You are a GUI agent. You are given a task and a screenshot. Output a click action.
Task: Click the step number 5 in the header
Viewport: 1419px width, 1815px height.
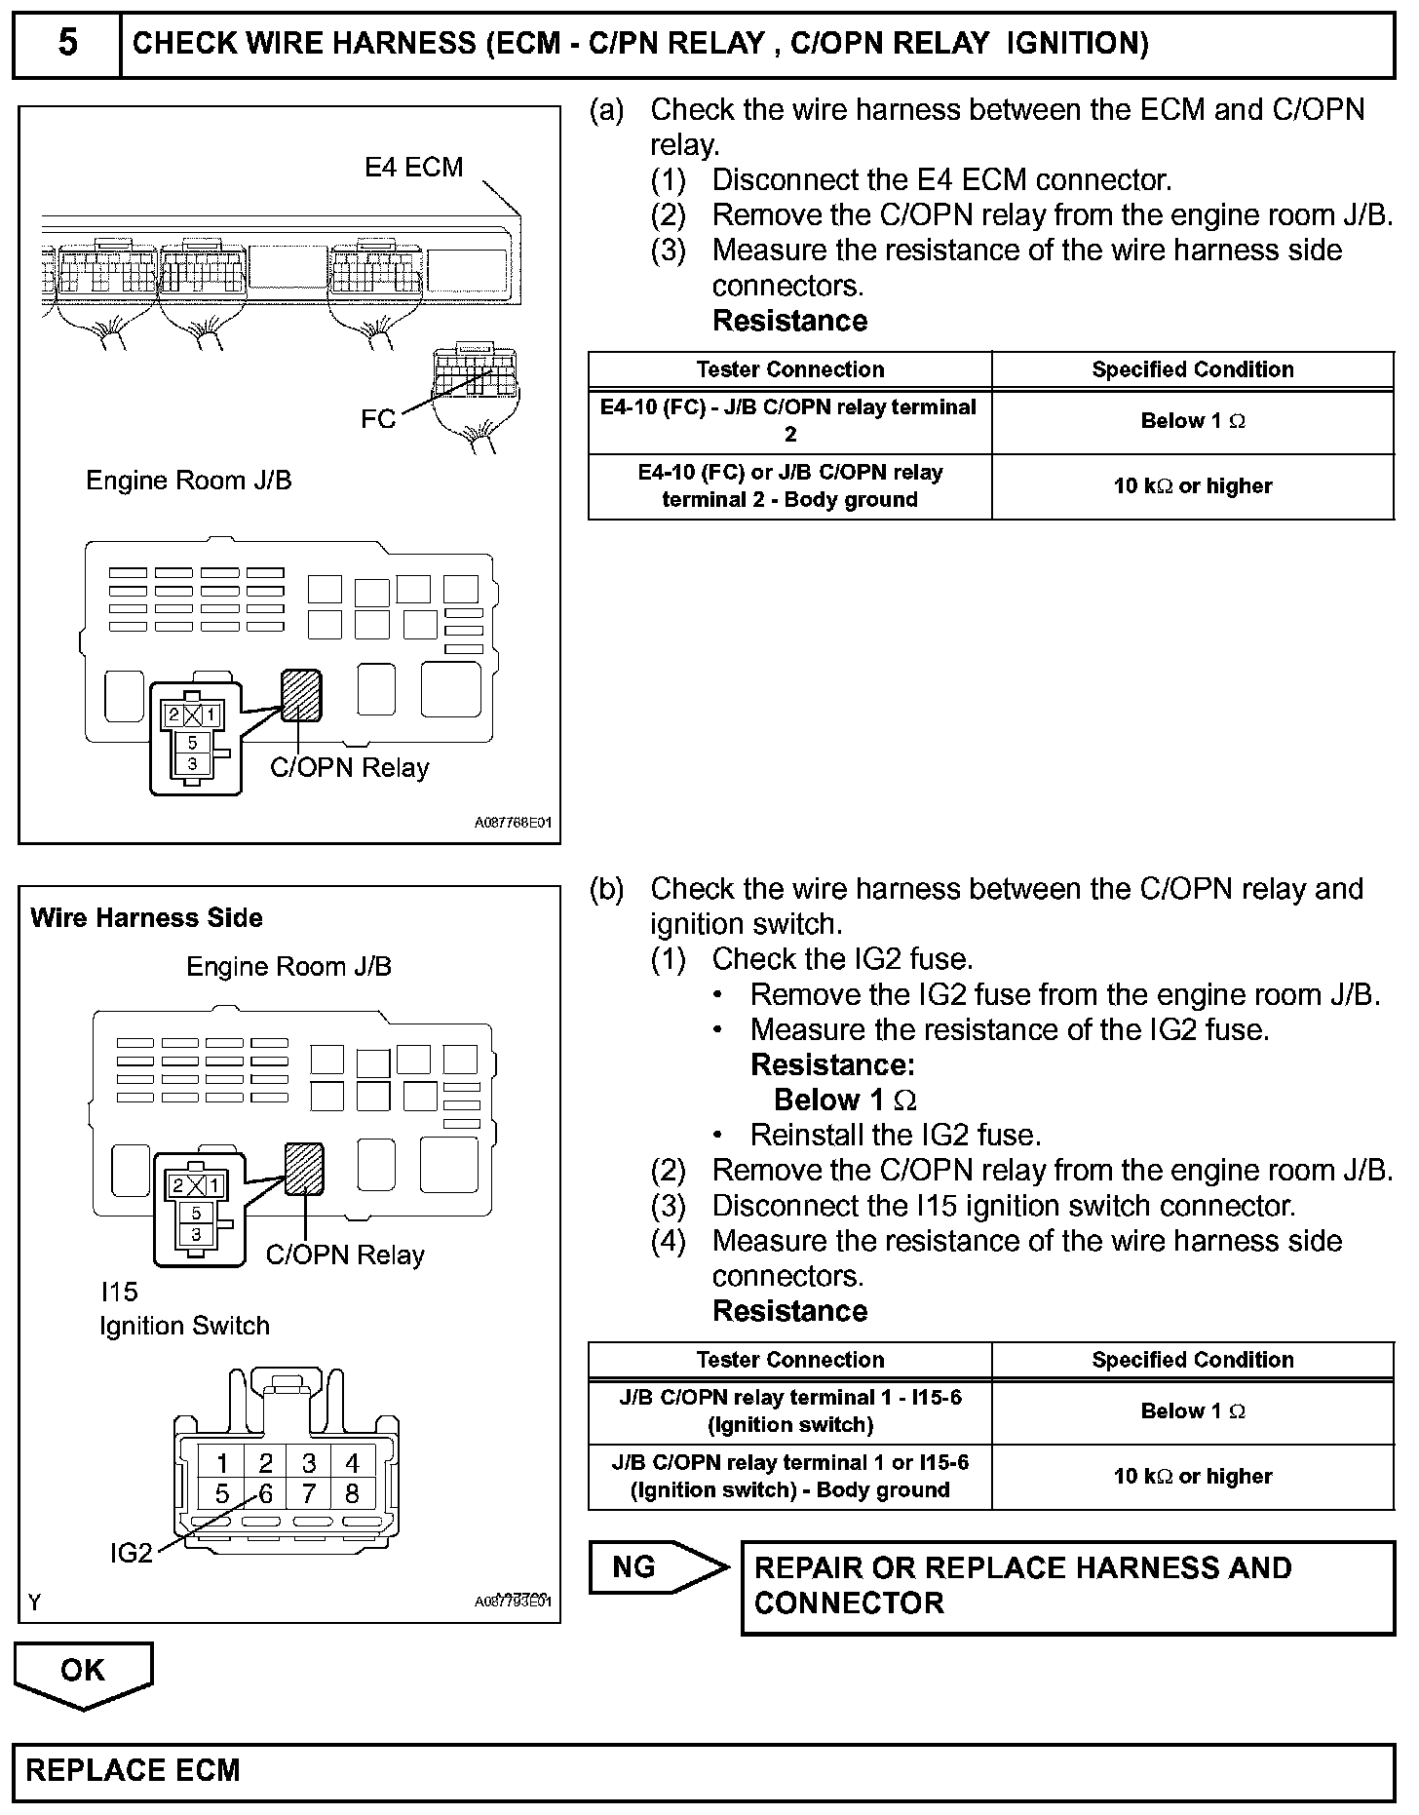coord(66,44)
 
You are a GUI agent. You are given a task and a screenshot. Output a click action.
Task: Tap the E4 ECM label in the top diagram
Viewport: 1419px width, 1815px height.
coord(413,168)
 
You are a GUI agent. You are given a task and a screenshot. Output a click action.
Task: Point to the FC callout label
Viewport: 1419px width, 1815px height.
coord(378,419)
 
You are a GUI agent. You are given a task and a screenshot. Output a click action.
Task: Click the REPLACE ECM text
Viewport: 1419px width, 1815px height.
coord(133,1770)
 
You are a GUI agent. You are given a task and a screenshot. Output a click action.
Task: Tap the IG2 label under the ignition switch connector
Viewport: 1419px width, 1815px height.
coord(132,1553)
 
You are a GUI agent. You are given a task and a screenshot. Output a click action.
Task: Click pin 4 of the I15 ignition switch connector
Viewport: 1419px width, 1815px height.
coord(352,1463)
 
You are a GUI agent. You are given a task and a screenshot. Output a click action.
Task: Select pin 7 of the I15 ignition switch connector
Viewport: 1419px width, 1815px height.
coord(309,1493)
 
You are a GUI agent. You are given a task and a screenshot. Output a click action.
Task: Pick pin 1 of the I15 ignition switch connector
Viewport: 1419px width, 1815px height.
coord(223,1463)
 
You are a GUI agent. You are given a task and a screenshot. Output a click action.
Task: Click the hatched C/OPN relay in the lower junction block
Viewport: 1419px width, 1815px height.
coord(304,1167)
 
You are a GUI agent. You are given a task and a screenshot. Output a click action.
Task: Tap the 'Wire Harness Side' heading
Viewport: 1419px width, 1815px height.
coord(146,918)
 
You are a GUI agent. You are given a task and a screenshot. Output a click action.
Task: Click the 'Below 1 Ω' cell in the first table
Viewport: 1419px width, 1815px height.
coord(1192,421)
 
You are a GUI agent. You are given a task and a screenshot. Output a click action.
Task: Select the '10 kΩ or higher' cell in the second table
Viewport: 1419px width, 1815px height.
coord(1192,1476)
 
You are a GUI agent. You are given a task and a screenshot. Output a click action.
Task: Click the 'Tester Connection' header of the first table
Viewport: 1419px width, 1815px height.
coord(789,369)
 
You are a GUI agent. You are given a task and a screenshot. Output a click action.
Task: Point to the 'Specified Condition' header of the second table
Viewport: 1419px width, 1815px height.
coord(1192,1360)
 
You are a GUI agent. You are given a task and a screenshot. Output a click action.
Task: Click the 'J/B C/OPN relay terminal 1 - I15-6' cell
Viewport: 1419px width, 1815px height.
coord(789,1410)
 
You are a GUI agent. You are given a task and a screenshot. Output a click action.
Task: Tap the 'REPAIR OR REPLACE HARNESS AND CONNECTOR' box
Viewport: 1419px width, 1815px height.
coord(1067,1586)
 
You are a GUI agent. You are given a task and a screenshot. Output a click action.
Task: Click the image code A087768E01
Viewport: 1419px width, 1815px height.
coord(513,823)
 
